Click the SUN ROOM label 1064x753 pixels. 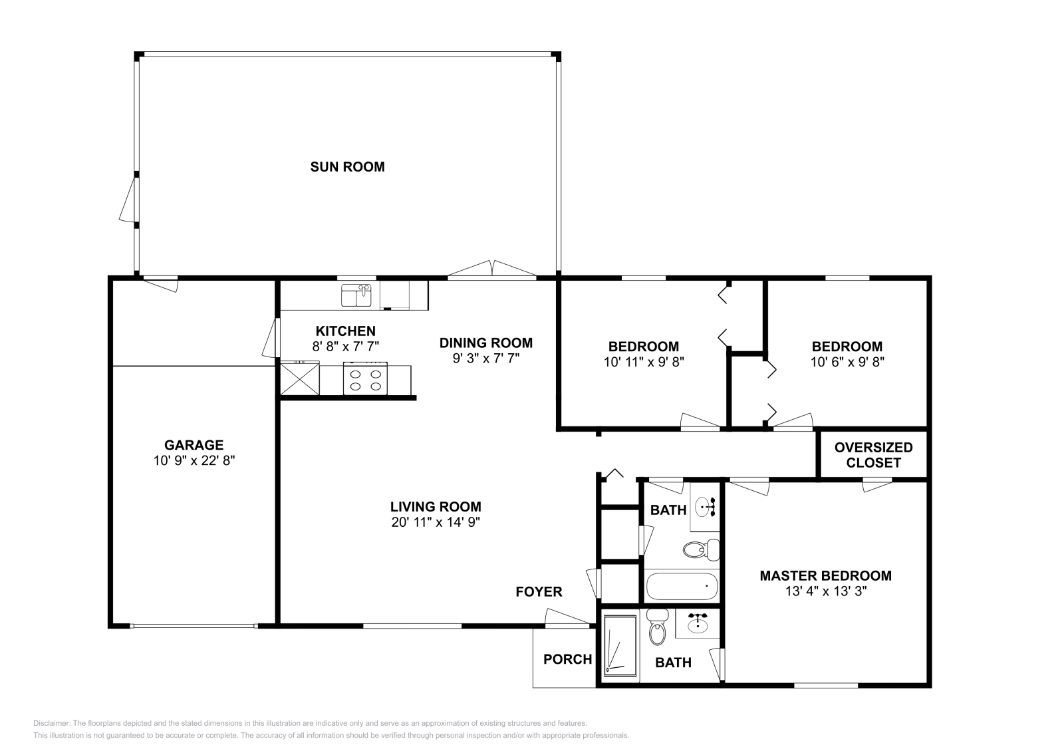[347, 167]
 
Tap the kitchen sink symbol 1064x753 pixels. [356, 295]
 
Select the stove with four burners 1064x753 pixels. [365, 379]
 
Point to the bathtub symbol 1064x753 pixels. [682, 587]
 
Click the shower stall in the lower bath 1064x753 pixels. [620, 646]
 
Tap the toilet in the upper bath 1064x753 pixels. [701, 549]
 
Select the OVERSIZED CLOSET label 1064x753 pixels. [873, 455]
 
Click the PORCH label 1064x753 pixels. [567, 659]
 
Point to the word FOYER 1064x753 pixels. [539, 591]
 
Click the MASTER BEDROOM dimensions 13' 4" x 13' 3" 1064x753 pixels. [825, 591]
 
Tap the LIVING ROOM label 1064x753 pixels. [436, 507]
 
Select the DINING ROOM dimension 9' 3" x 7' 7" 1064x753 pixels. [485, 358]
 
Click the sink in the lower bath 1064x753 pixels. [697, 624]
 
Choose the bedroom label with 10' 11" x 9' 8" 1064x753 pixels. [643, 347]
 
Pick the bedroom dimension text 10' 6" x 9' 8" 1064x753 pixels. [847, 363]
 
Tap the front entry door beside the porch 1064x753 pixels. [567, 619]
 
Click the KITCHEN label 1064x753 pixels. [345, 331]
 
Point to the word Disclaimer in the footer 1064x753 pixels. [51, 723]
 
